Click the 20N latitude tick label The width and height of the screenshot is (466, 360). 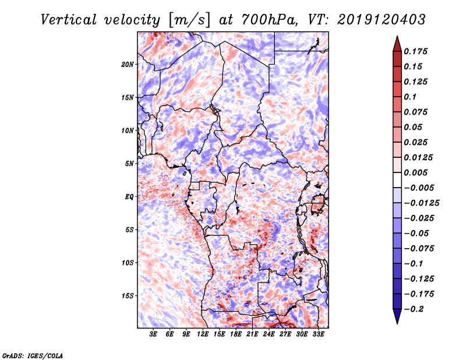(x=128, y=65)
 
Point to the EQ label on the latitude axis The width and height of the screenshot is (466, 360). (x=129, y=197)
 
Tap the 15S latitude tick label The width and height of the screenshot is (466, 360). (x=128, y=296)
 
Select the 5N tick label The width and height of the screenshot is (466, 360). (x=129, y=164)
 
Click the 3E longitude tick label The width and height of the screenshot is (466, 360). (x=153, y=334)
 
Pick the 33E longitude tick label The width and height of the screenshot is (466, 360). (x=318, y=334)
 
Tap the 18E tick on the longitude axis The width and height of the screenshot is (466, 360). (x=236, y=334)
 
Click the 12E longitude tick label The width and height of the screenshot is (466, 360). (x=203, y=334)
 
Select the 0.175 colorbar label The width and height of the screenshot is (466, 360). (x=415, y=51)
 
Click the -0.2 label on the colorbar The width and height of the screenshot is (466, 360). (x=414, y=309)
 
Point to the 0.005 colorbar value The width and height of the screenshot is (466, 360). (x=415, y=172)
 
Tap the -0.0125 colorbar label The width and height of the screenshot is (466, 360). (x=421, y=203)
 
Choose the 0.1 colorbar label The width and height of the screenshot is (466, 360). (x=410, y=97)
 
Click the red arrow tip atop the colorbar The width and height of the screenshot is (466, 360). (x=397, y=36)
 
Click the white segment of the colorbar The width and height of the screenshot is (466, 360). (x=397, y=180)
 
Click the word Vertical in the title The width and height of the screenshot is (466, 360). (x=69, y=20)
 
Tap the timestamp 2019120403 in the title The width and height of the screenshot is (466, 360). (x=382, y=20)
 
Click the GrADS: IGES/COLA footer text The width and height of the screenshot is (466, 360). (x=33, y=355)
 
